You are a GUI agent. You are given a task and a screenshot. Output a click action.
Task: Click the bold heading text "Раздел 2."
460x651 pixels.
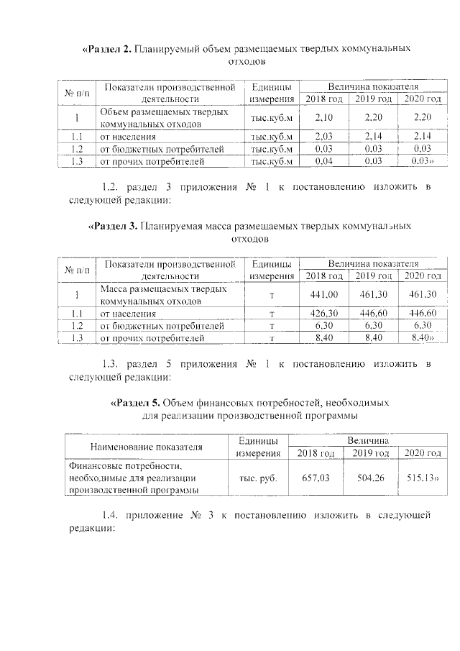pyautogui.click(x=109, y=49)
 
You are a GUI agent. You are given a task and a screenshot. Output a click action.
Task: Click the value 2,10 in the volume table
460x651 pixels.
pyautogui.click(x=323, y=117)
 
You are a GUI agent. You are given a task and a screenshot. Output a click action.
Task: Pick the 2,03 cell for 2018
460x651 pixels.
pyautogui.click(x=323, y=135)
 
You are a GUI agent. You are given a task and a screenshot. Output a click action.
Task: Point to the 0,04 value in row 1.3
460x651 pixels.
pyautogui.click(x=323, y=161)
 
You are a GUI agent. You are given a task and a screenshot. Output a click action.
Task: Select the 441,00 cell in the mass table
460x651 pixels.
pyautogui.click(x=323, y=294)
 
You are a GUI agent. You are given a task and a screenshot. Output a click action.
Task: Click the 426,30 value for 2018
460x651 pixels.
pyautogui.click(x=323, y=313)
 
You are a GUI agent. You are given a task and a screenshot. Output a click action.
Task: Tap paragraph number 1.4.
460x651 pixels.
pyautogui.click(x=114, y=516)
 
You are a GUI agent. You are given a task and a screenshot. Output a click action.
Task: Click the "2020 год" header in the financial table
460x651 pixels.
pyautogui.click(x=422, y=453)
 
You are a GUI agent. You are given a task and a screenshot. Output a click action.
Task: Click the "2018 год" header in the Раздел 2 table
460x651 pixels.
pyautogui.click(x=323, y=99)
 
